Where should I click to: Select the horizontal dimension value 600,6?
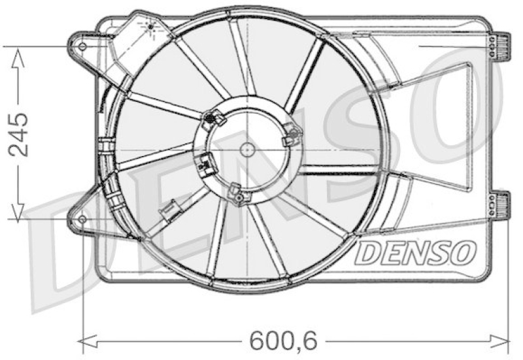[274, 340]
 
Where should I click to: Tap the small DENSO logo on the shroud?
[415, 251]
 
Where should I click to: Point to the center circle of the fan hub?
[247, 149]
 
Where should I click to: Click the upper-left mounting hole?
[82, 46]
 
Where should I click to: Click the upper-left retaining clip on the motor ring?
[213, 119]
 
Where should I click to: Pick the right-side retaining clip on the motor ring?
[290, 137]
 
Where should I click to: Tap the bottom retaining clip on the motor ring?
[237, 193]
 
